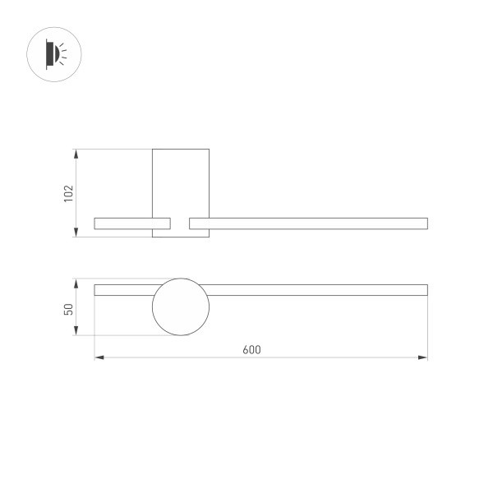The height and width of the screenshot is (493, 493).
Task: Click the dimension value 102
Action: [x=69, y=193]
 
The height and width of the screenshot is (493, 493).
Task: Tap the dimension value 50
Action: [x=69, y=308]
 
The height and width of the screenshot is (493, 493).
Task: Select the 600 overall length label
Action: [x=251, y=349]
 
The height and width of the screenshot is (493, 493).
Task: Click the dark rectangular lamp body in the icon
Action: [x=48, y=55]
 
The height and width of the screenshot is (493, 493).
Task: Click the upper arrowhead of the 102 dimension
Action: [x=76, y=153]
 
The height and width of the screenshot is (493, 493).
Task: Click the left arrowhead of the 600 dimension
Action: [x=99, y=357]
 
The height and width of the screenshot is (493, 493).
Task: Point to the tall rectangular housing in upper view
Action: [x=181, y=181]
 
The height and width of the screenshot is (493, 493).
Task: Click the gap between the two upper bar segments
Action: [x=180, y=223]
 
